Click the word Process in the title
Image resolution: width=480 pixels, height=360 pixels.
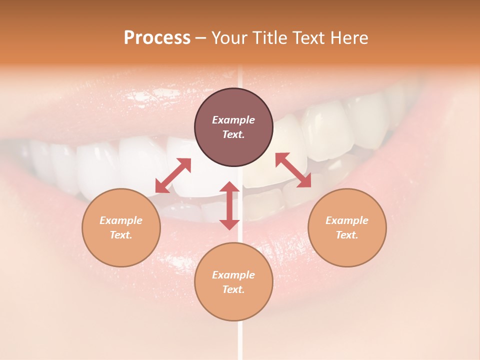pos(157,38)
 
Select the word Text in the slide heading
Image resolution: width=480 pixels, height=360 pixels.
pos(307,38)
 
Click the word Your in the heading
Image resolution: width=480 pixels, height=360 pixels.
pos(229,38)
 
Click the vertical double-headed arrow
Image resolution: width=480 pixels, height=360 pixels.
pos(229,205)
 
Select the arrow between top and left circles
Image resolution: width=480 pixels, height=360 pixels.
pos(173,175)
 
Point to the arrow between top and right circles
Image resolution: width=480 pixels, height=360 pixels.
pos(293,170)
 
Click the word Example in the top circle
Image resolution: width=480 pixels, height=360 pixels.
pos(233,120)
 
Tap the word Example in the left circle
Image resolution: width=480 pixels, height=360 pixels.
pos(121,220)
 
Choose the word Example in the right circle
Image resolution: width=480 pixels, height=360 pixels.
pos(347,220)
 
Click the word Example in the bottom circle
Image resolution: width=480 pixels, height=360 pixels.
pos(233,275)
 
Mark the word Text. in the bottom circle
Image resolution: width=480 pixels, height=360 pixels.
pos(233,289)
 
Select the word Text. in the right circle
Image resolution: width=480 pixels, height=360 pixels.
pos(347,235)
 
